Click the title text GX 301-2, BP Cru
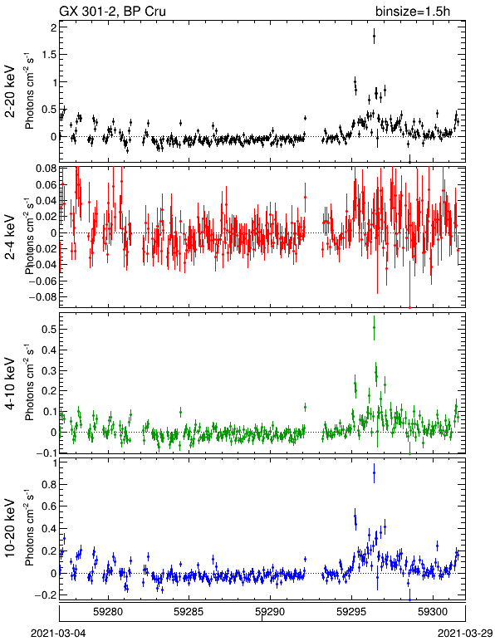click(x=112, y=11)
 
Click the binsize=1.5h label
click(x=413, y=11)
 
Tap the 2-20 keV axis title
click(x=10, y=91)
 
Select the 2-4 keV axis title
click(x=10, y=237)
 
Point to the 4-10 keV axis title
click(x=10, y=384)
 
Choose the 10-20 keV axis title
click(x=10, y=528)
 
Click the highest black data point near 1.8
click(x=374, y=36)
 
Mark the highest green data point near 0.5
click(x=374, y=327)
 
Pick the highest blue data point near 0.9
click(x=374, y=473)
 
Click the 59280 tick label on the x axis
click(x=108, y=612)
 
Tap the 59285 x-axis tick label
click(x=189, y=612)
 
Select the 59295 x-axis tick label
click(x=351, y=612)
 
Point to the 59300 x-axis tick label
click(x=433, y=612)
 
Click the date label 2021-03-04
click(x=58, y=634)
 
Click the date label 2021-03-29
click(x=465, y=634)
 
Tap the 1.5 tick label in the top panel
click(x=49, y=55)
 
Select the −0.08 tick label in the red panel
click(x=42, y=296)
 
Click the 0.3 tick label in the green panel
click(x=49, y=371)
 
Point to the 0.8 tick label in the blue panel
click(x=49, y=485)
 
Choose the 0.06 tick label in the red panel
click(x=46, y=185)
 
